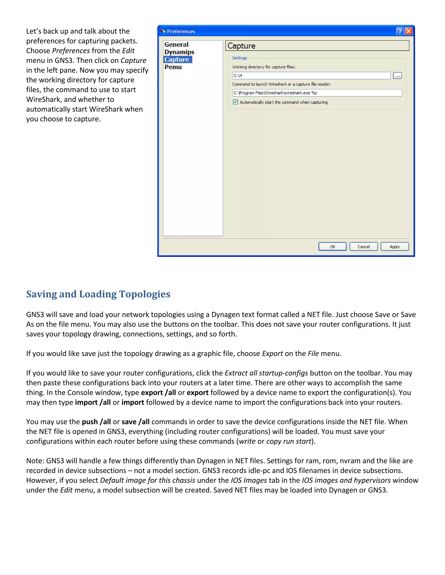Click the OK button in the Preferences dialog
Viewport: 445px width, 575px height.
332,247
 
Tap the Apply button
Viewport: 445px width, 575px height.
394,247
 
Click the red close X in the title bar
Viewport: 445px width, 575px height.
409,31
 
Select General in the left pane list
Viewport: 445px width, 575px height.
176,44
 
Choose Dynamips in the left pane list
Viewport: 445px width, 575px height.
179,52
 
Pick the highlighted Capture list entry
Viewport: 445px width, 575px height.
177,59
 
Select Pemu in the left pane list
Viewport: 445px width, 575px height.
173,67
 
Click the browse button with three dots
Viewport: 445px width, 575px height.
397,76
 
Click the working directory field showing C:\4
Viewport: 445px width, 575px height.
311,76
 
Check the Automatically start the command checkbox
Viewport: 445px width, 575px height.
235,102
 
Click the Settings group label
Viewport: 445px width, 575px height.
239,58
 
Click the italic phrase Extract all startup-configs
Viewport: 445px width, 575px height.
266,373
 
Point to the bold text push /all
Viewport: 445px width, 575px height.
96,422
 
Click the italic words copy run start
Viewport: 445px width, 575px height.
289,441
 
